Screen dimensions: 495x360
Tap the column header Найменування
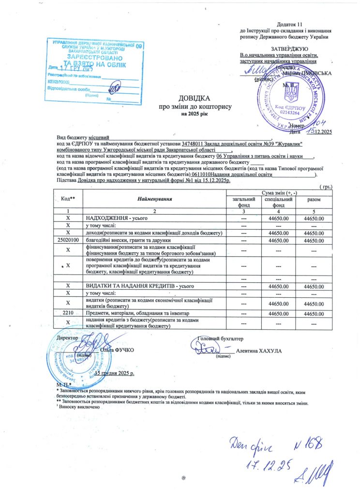point(154,199)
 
